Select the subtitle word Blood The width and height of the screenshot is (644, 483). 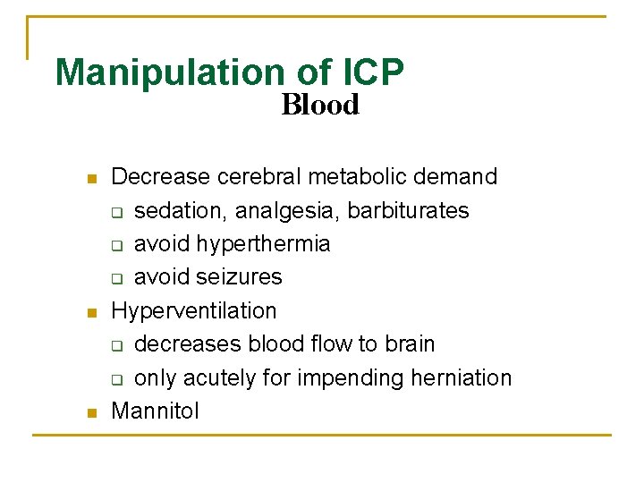(319, 106)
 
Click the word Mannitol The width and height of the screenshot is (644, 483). (155, 411)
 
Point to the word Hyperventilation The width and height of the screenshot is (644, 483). (193, 311)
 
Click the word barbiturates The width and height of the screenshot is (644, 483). (408, 211)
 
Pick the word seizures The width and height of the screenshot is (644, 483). (239, 277)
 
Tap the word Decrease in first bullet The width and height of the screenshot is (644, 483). (155, 177)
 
